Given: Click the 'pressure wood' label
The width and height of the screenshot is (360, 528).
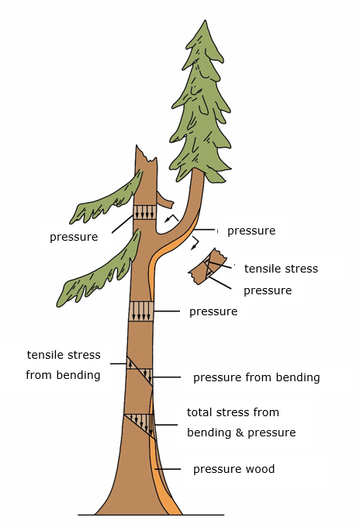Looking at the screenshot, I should pos(234,469).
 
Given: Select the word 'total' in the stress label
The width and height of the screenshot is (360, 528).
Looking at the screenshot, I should pos(200,412).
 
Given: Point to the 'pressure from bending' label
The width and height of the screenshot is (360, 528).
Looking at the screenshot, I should pos(256,377).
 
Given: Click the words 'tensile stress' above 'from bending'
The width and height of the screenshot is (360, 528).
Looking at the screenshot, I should pos(63,355).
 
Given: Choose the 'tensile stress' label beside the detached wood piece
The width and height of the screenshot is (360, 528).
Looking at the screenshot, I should pos(281,269).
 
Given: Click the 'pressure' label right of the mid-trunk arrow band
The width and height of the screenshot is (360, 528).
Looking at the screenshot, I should pos(213,311).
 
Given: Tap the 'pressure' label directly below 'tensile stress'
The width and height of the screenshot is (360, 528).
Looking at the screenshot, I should pos(268,290).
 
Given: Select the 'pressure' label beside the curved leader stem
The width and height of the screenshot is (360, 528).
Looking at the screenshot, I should pos(251,231).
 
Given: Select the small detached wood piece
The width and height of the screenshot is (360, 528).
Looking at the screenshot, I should pos(207,265).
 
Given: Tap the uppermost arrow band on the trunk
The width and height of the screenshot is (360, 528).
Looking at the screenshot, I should pos(144,212).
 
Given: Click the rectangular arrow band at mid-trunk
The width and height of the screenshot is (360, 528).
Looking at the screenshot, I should pos(141,311).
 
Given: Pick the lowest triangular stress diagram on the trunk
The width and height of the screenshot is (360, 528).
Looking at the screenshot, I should pos(140,423).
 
